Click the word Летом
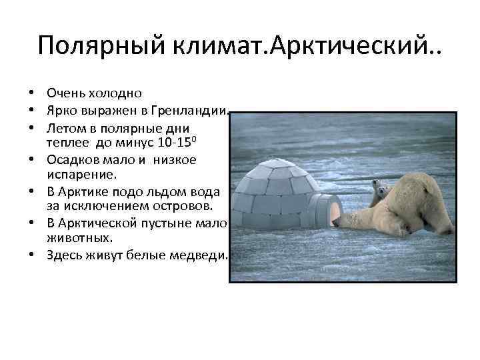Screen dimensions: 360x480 [65, 127]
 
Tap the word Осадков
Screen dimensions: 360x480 [73, 159]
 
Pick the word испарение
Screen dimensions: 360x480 [81, 174]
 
